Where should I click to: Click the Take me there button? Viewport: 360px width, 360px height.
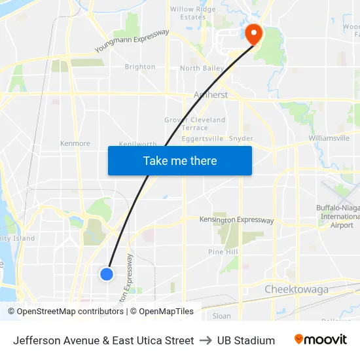[180, 160]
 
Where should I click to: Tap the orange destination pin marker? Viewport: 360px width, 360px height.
[252, 33]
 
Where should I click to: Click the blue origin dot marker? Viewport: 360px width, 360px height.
[107, 274]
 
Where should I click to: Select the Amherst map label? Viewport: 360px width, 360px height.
[211, 95]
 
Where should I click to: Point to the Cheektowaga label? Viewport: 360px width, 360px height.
[296, 289]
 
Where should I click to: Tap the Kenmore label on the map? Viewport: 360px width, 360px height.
[75, 143]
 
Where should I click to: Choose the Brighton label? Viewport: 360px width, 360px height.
[140, 67]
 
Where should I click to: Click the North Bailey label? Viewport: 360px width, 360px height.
[202, 68]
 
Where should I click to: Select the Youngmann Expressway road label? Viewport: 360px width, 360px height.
[132, 41]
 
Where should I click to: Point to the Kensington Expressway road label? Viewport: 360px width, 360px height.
[236, 220]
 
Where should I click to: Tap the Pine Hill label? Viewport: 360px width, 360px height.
[223, 252]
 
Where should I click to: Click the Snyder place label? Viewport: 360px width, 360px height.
[241, 139]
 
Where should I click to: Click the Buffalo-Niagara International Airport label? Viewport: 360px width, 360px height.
[338, 217]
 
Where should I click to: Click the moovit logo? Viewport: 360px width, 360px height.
[321, 340]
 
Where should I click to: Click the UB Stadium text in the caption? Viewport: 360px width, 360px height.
[246, 340]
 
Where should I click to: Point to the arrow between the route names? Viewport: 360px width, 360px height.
[206, 340]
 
